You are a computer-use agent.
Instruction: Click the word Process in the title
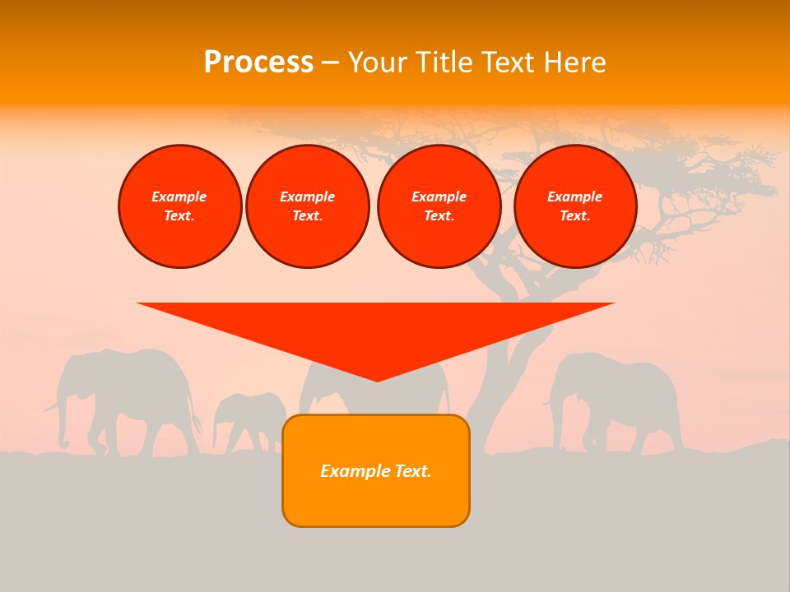coord(258,62)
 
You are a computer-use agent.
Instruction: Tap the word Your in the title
coord(379,62)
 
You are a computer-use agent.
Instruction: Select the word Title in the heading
coord(445,62)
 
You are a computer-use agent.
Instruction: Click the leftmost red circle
coord(179,206)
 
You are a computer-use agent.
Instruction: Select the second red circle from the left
coord(307,206)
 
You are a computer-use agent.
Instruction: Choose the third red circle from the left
coord(439,206)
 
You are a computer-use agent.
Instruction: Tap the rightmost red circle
coord(574,206)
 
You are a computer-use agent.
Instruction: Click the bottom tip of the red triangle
coord(377,380)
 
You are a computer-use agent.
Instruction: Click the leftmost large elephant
coord(132,395)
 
